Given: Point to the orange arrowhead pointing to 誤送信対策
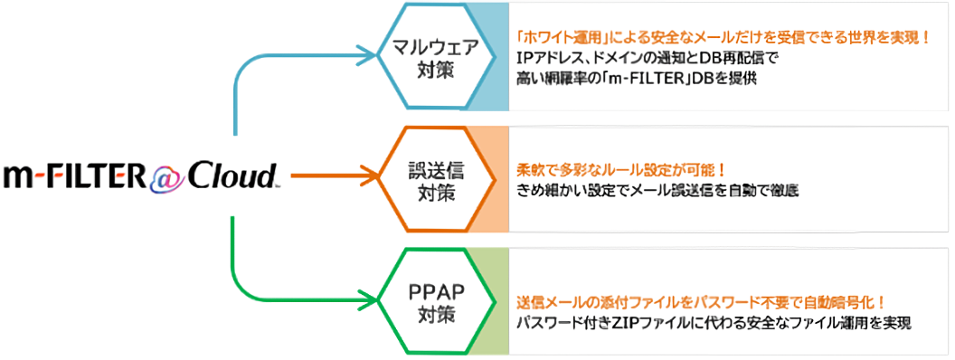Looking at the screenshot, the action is coord(368,177).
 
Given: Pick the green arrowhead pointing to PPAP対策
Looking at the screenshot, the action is coord(368,299).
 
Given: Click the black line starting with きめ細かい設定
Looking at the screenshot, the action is coord(657,190).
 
